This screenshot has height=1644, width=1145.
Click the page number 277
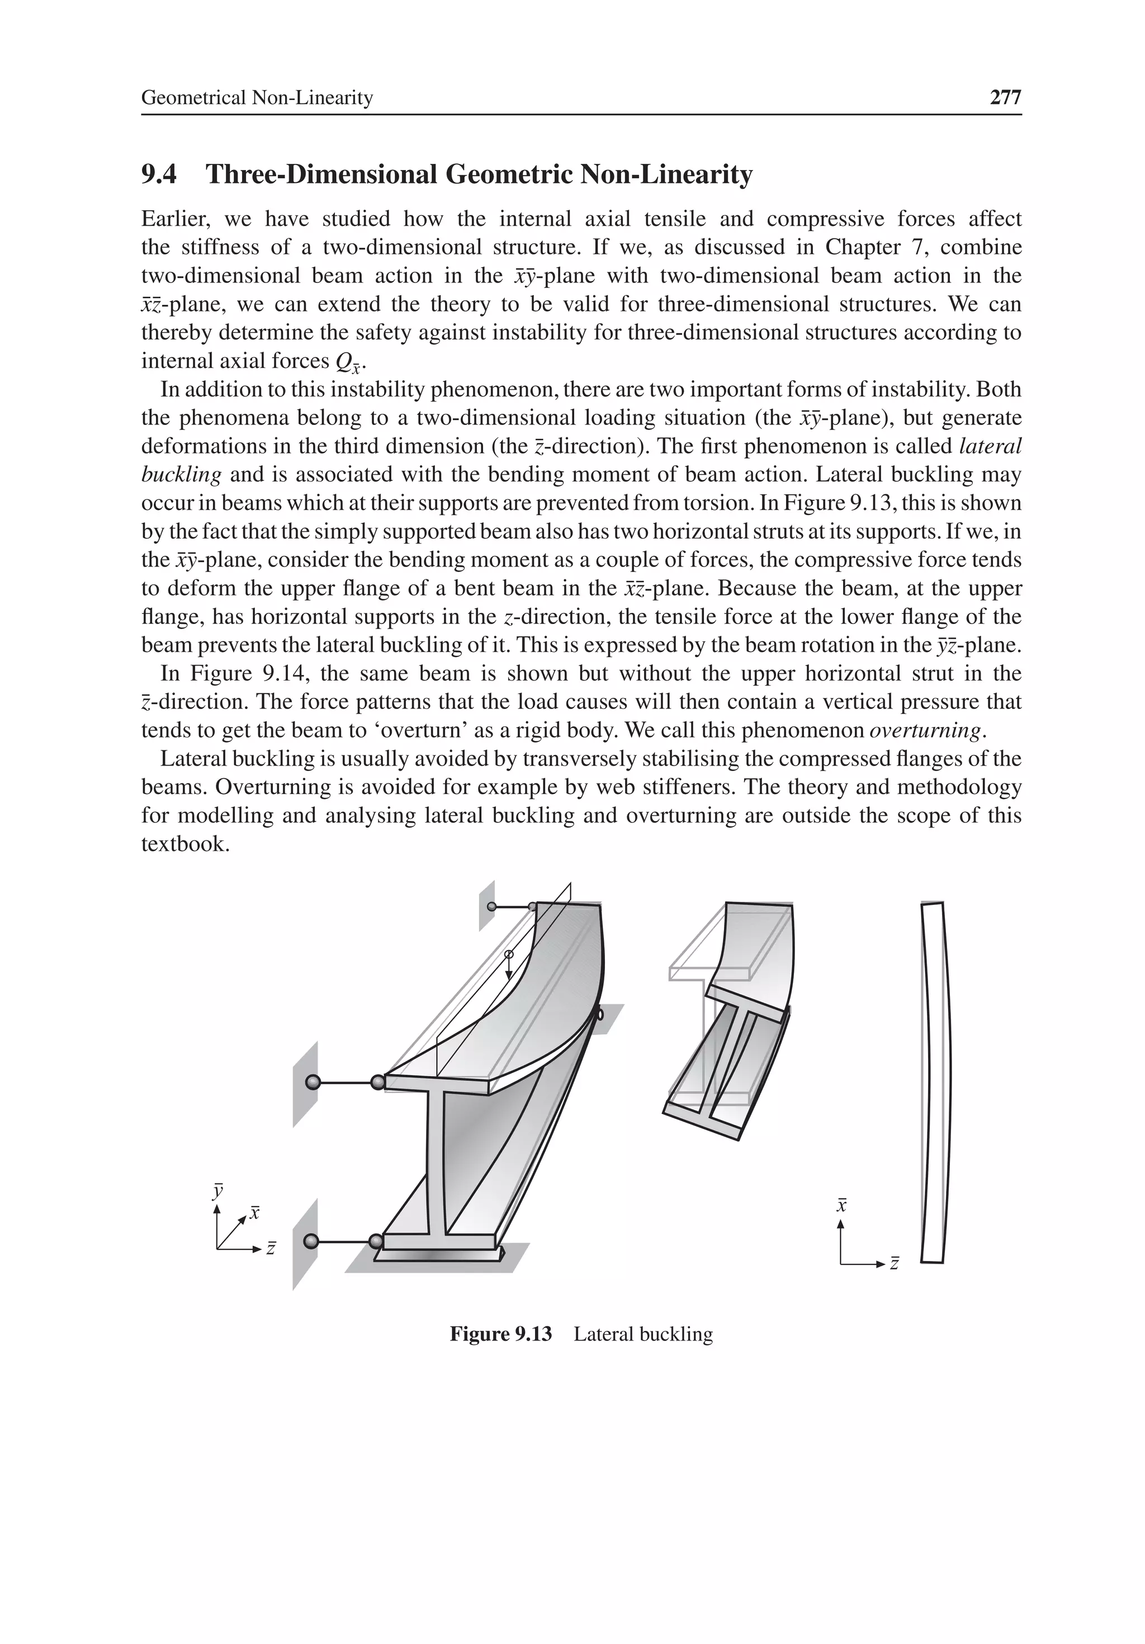click(1005, 97)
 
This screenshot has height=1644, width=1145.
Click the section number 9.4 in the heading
click(159, 174)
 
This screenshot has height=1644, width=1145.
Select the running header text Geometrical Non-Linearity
click(257, 97)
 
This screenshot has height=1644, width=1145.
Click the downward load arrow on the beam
click(508, 967)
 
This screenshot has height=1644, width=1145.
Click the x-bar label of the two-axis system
click(842, 1205)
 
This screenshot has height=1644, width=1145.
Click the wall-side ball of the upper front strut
click(312, 1082)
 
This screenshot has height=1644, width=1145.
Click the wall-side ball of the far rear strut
click(491, 906)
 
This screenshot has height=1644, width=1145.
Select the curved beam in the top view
click(934, 1081)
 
